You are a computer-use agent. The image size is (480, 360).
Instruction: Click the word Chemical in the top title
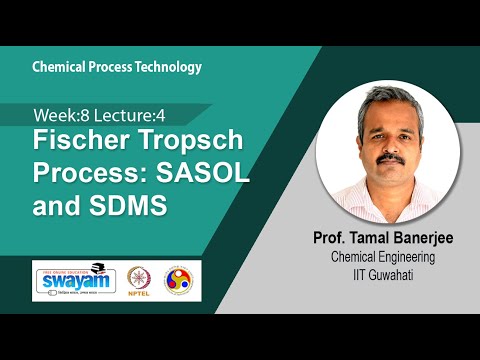click(x=59, y=67)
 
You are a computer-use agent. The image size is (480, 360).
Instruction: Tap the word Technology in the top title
click(x=167, y=67)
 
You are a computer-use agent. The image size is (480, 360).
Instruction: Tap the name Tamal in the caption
click(x=377, y=239)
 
